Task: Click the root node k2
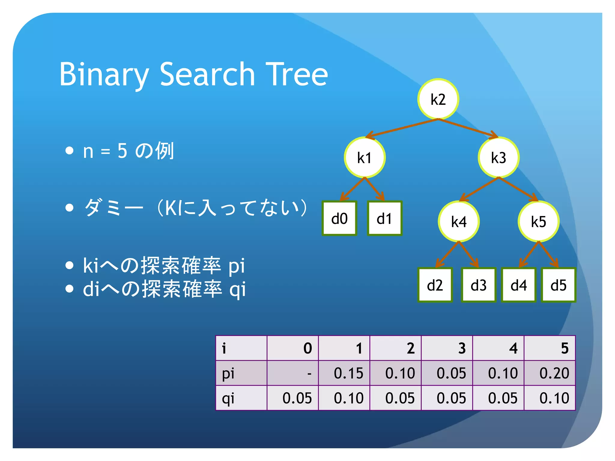tap(438, 99)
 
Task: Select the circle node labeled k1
tap(365, 157)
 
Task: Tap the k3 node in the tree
tap(498, 157)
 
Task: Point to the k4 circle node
tap(459, 221)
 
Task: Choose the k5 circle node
tap(538, 221)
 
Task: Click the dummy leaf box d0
tap(339, 218)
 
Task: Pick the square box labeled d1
tap(384, 218)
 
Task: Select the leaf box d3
tap(478, 285)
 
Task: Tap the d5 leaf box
tap(558, 285)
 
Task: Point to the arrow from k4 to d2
tap(447, 254)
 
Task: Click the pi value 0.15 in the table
tap(348, 373)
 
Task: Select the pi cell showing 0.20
tap(554, 373)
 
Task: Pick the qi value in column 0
tap(297, 398)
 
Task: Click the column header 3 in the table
tap(462, 348)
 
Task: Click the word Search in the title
tap(207, 74)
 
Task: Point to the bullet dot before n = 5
tap(69, 151)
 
